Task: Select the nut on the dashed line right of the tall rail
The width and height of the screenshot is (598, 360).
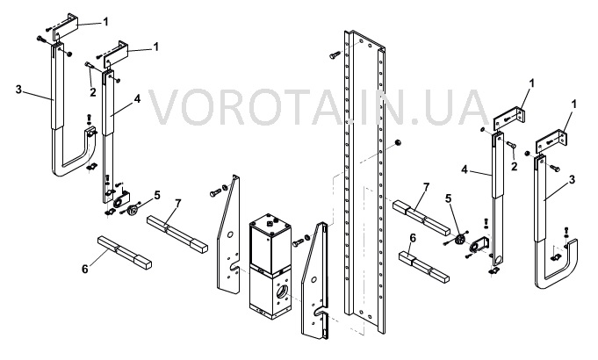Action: point(398,142)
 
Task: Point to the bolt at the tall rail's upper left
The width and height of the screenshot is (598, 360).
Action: point(335,55)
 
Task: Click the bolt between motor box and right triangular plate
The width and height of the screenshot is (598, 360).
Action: point(299,241)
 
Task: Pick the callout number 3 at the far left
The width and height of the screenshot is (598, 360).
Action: point(18,90)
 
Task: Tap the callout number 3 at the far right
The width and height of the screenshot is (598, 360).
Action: point(572,179)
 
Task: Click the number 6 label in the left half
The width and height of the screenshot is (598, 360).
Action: point(84,269)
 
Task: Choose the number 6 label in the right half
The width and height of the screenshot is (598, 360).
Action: point(412,238)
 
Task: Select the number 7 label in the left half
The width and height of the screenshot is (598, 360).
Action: point(177,203)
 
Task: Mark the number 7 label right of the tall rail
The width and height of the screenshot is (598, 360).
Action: point(426,187)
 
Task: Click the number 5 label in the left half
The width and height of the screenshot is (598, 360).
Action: point(157,195)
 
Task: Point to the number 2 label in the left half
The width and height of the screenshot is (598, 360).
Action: point(93,92)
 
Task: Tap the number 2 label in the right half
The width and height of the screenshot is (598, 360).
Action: point(514,166)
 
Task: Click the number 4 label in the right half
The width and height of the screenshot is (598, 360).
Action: point(465,169)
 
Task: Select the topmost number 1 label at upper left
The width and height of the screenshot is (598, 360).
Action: point(106,22)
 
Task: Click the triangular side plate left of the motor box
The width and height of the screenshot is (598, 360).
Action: point(228,235)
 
